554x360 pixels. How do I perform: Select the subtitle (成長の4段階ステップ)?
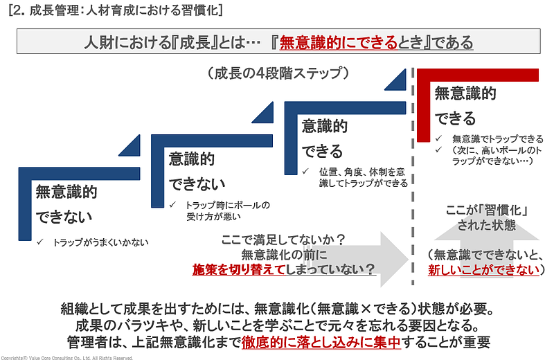[277, 72]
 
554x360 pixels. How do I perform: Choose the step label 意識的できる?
[324, 138]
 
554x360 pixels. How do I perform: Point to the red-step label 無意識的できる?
[465, 106]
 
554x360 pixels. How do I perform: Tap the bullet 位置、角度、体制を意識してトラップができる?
[360, 177]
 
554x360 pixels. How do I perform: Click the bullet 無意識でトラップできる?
[492, 138]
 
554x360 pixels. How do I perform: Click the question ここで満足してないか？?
[283, 240]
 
